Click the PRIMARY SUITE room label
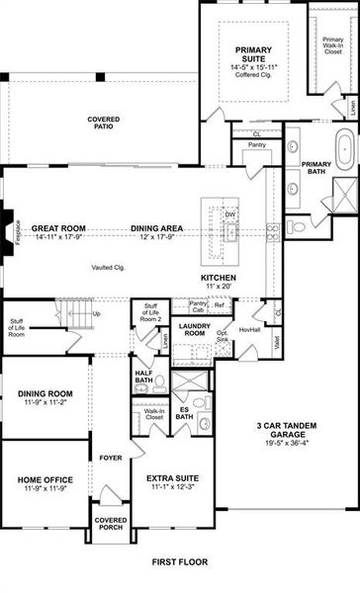tap(259, 52)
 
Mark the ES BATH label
tap(185, 413)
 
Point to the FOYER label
tap(111, 457)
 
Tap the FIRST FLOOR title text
tap(179, 561)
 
